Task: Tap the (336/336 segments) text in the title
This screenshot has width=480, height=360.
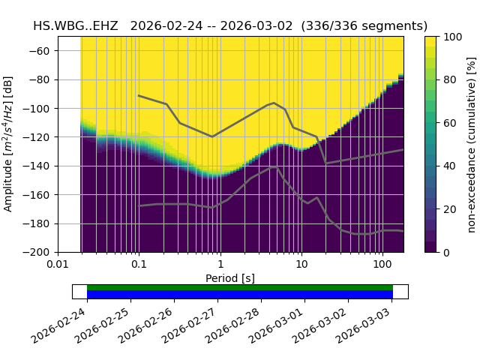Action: (364, 26)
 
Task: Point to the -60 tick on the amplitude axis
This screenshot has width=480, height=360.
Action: (43, 51)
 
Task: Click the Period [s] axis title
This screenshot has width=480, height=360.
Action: (230, 278)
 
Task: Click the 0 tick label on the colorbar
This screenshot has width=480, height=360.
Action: (443, 252)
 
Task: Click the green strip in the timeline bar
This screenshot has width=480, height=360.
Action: (240, 287)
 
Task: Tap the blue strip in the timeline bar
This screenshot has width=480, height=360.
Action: (240, 295)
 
